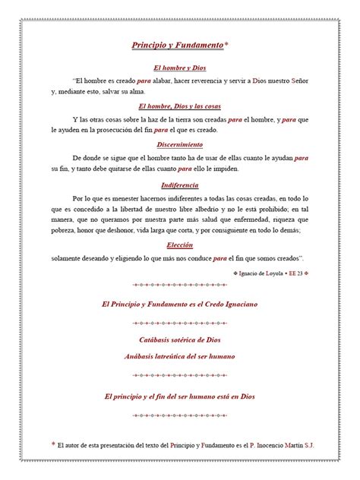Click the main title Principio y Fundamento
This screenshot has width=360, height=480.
click(x=178, y=46)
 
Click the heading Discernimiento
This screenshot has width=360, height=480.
click(x=180, y=144)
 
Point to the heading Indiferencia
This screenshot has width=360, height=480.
click(x=180, y=185)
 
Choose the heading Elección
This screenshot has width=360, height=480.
click(x=180, y=245)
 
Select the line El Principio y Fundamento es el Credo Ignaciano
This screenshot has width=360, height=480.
click(x=180, y=305)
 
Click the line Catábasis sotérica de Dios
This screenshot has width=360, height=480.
click(x=180, y=339)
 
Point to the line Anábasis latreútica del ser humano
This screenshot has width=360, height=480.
click(x=180, y=355)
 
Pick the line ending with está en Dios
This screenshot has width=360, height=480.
click(x=180, y=396)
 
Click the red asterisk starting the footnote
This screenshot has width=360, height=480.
click(x=52, y=446)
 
